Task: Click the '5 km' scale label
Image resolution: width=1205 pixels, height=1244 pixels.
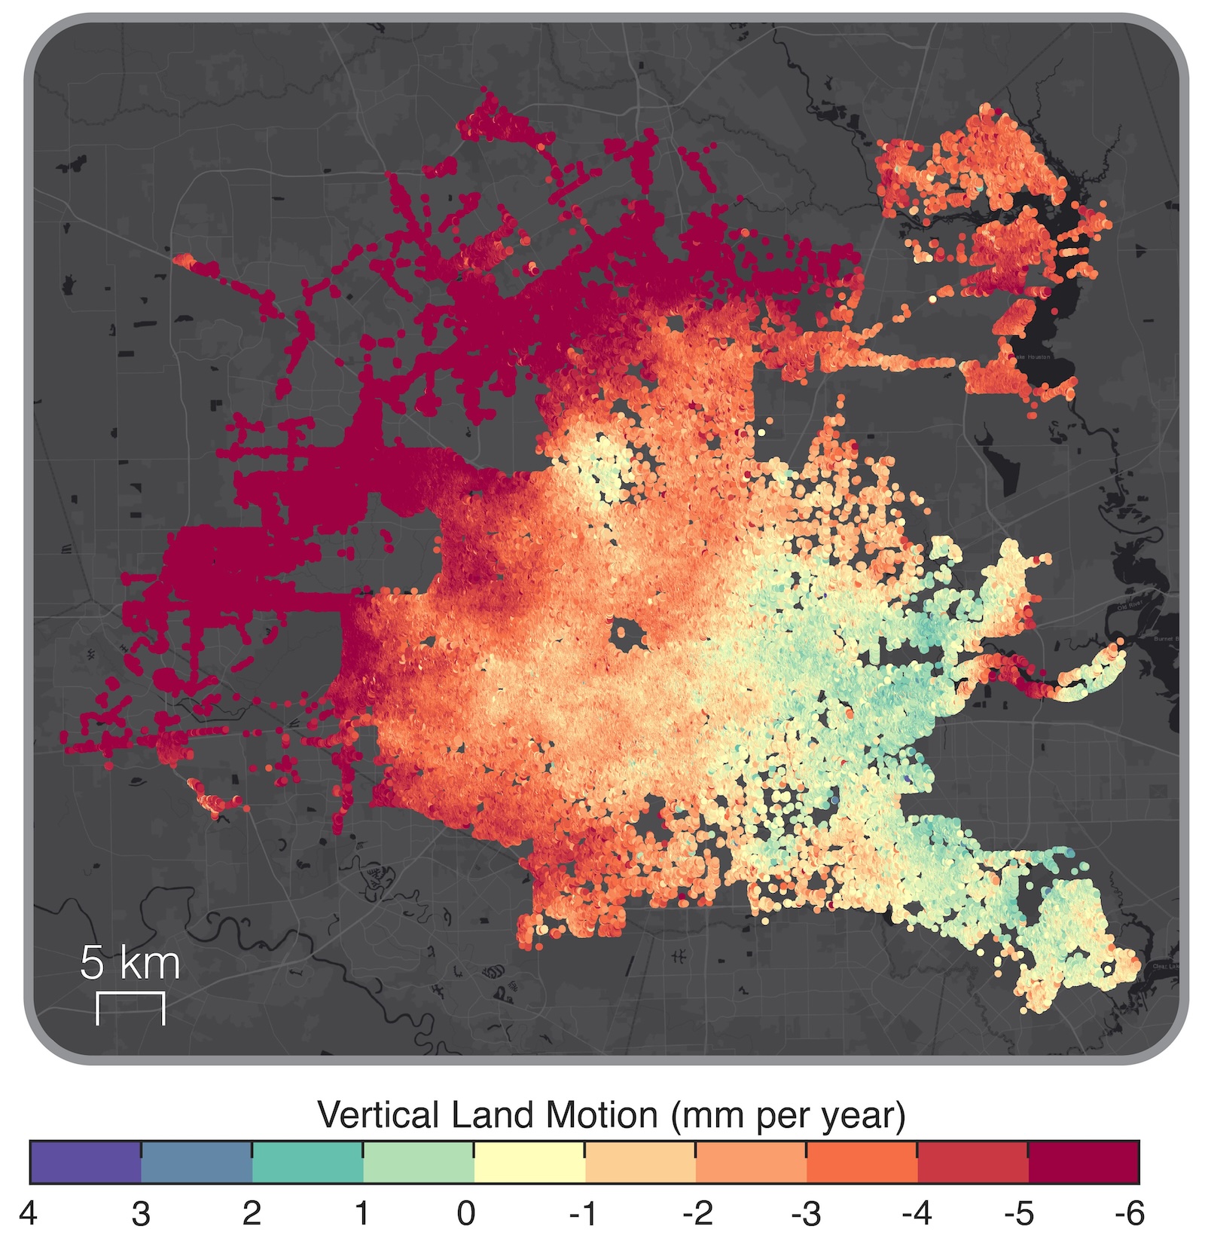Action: [130, 964]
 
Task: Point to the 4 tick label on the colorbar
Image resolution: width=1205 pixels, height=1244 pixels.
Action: [29, 1214]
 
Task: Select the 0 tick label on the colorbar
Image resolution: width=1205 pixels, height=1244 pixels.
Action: [466, 1214]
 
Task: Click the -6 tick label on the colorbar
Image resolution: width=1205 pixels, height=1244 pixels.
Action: [1129, 1214]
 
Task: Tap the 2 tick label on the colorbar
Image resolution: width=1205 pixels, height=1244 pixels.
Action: [252, 1214]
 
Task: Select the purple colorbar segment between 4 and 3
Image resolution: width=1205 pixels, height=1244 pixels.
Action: [85, 1163]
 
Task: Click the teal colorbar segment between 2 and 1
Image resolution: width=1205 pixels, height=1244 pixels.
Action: [307, 1163]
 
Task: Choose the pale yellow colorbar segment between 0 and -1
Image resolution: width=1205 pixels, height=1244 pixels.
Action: [529, 1163]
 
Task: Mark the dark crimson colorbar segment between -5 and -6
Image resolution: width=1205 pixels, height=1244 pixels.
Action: [1084, 1163]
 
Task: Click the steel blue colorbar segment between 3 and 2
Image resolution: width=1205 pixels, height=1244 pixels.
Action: [196, 1163]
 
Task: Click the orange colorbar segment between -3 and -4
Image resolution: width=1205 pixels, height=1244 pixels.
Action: [862, 1163]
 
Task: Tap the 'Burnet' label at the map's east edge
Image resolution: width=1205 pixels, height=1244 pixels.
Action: [1165, 639]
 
